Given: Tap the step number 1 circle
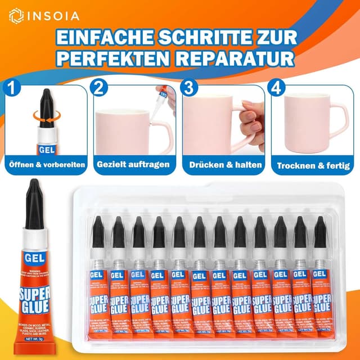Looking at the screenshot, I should tap(11, 87).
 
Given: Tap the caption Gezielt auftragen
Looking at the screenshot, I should tap(133, 165).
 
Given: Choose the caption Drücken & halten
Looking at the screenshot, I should tap(223, 165).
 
